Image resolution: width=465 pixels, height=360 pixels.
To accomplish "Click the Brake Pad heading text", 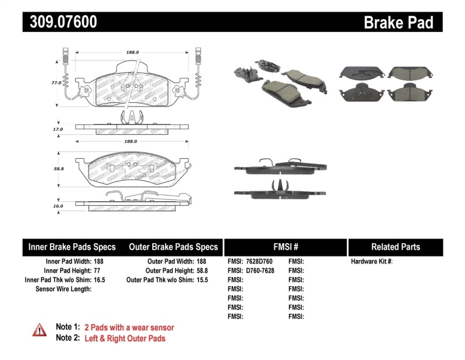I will pyautogui.click(x=398, y=22).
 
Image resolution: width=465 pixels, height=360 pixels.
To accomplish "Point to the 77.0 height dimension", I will pyautogui.click(x=56, y=83).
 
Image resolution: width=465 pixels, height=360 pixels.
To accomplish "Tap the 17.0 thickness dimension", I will pyautogui.click(x=56, y=130).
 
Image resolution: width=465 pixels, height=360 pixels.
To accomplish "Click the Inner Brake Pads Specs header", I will pyautogui.click(x=72, y=247).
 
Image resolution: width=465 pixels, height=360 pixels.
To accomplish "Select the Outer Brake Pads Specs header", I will pyautogui.click(x=173, y=247).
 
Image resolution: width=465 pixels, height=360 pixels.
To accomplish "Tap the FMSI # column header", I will pyautogui.click(x=285, y=247).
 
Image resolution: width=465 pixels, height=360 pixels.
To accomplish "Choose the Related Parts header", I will pyautogui.click(x=395, y=247).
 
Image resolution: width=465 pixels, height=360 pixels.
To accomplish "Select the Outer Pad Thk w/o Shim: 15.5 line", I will pyautogui.click(x=167, y=280).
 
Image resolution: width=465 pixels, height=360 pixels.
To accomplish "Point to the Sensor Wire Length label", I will pyautogui.click(x=63, y=289).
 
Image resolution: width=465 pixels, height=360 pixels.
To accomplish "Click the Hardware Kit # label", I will pyautogui.click(x=371, y=262).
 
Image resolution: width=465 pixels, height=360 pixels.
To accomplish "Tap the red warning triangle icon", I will pyautogui.click(x=39, y=330).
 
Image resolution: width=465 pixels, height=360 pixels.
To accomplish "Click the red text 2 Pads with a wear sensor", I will pyautogui.click(x=129, y=327).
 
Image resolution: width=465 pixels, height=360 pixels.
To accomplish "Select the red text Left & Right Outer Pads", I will pyautogui.click(x=125, y=338).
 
